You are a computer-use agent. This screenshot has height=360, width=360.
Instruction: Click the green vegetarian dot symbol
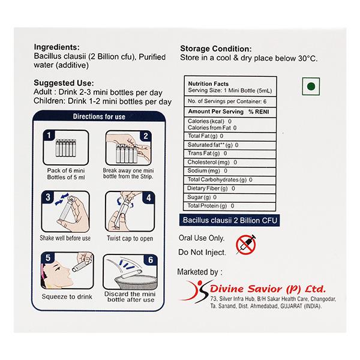[311, 86]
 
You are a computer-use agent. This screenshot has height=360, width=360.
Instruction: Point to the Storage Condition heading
[216, 49]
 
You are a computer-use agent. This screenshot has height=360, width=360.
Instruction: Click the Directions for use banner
[98, 117]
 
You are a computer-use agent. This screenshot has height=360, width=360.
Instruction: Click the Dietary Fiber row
[210, 188]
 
